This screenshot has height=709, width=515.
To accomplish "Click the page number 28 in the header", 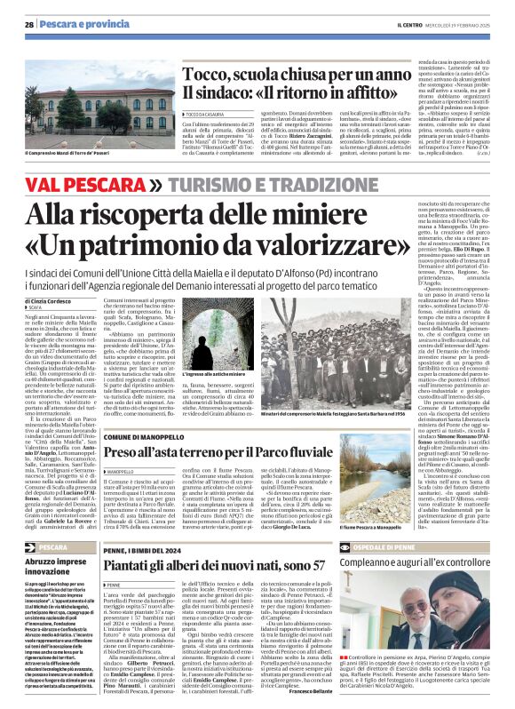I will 29,24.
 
